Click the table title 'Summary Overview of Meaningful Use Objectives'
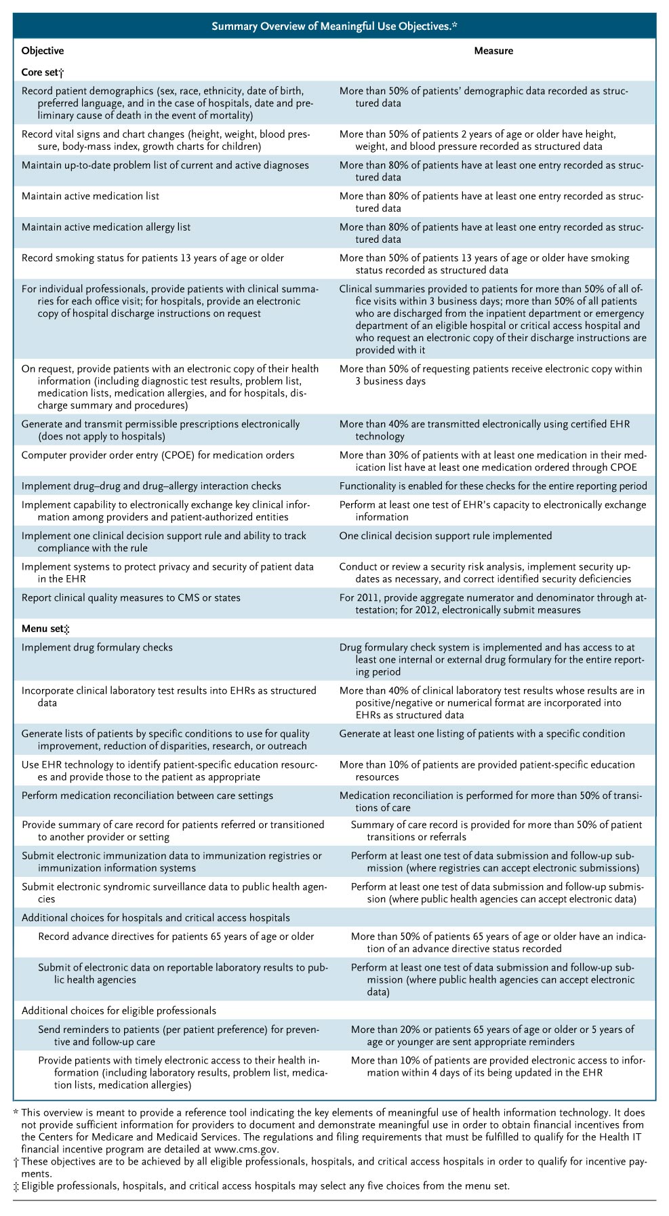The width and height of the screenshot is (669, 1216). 334,26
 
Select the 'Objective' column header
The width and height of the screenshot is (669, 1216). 43,51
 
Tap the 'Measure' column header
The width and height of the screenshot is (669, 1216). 493,51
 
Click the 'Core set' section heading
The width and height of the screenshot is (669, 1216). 42,71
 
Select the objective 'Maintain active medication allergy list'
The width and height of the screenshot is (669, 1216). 106,227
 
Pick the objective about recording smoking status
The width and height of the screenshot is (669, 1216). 153,258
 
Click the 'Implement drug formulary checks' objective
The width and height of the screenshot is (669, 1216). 97,648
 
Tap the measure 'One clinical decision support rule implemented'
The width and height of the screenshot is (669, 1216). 445,536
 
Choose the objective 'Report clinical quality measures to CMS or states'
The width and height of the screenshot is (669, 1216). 131,597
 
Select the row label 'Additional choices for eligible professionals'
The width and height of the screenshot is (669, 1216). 119,1011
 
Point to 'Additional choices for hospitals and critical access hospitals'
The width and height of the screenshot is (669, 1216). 156,918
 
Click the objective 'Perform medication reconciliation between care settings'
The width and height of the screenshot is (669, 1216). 147,796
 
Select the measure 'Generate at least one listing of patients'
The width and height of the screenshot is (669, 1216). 482,733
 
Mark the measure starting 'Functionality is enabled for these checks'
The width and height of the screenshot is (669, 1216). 493,486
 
